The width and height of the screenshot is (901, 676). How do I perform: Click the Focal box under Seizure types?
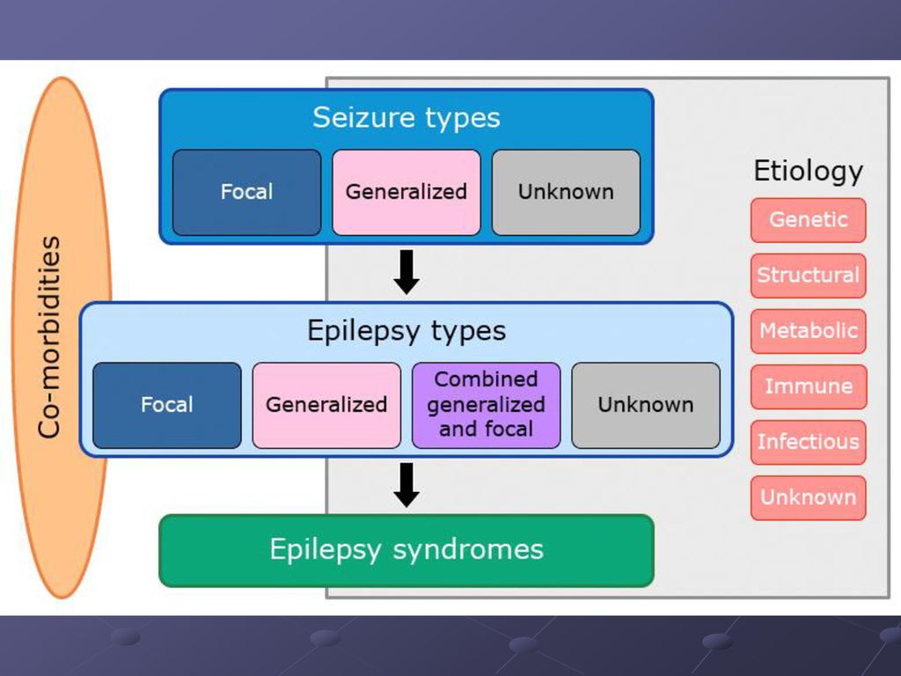[x=246, y=192]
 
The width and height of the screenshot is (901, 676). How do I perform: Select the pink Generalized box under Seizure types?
[x=407, y=192]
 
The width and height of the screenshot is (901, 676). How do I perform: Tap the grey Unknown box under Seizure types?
[x=566, y=192]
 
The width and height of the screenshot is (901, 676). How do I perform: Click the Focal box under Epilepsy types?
[x=166, y=405]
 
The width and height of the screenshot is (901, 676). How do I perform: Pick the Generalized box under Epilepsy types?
[x=326, y=405]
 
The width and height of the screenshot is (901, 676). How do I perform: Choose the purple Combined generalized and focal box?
[x=486, y=405]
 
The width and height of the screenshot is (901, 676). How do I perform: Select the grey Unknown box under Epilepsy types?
[x=646, y=405]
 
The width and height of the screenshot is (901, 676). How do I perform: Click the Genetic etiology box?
[x=808, y=220]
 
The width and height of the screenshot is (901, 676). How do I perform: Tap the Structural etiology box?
[x=808, y=276]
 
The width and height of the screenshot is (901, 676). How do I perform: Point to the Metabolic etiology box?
[x=808, y=331]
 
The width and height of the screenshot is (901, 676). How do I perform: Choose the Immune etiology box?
[x=808, y=387]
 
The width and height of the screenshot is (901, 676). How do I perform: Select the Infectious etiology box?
[x=808, y=443]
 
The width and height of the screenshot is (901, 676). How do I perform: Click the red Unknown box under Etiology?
[x=808, y=498]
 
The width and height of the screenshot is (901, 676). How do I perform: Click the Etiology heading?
[x=808, y=172]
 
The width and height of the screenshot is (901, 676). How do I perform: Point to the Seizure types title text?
[x=407, y=119]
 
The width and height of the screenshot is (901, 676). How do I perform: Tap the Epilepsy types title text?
[x=407, y=332]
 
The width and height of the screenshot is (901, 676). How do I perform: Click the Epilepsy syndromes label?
[x=407, y=549]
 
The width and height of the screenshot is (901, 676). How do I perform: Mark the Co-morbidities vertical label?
[x=49, y=337]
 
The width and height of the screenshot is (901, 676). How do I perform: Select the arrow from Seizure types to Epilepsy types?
[x=407, y=273]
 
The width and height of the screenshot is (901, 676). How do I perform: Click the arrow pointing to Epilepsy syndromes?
[x=407, y=485]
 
